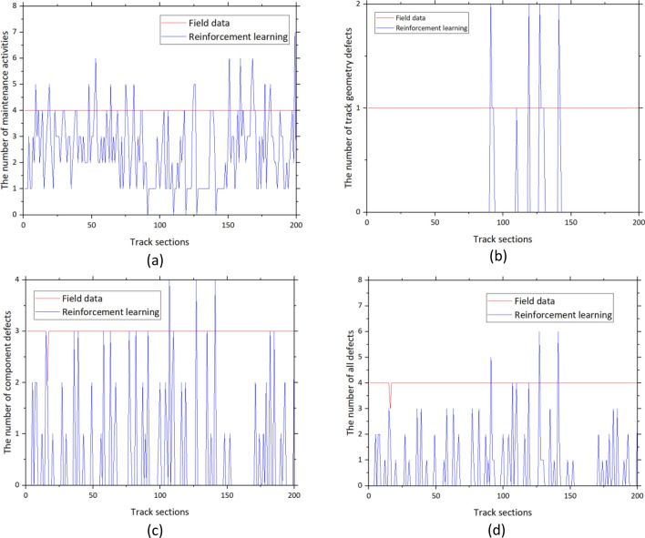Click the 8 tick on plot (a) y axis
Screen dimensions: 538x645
[x=15, y=6]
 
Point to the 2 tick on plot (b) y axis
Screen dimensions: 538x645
[x=359, y=5]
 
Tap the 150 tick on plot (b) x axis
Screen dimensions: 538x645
[x=570, y=222]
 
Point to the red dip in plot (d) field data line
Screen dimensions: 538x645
[x=390, y=405]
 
